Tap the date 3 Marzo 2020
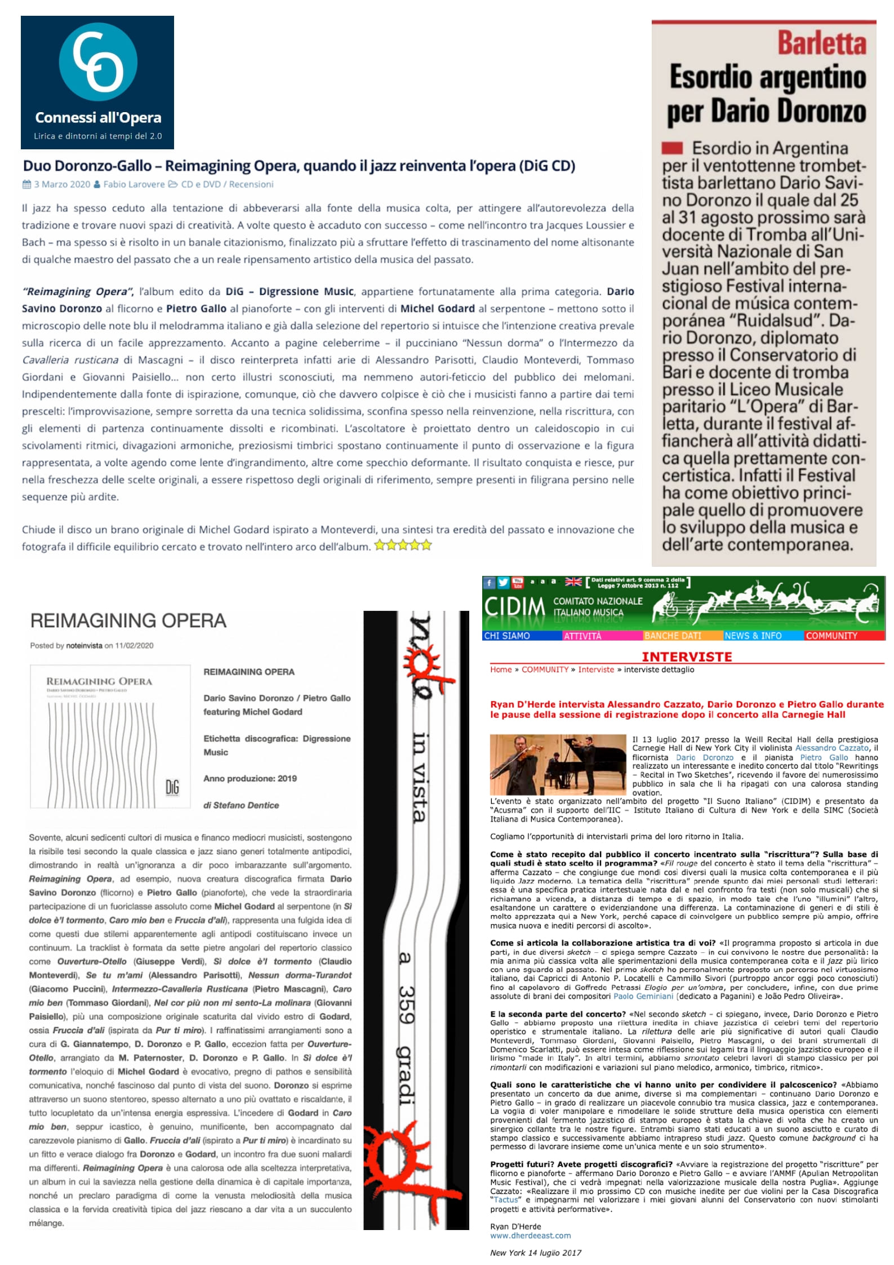(x=61, y=184)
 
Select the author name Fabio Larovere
(x=134, y=184)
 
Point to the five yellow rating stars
(x=403, y=545)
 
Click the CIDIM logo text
(x=514, y=607)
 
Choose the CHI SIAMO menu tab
(x=507, y=636)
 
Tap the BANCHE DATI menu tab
(x=673, y=636)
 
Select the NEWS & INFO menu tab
(x=753, y=636)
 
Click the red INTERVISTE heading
(x=687, y=656)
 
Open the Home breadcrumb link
(x=501, y=669)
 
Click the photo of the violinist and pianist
(x=558, y=764)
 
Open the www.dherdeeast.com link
(x=530, y=1236)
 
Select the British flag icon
(x=573, y=582)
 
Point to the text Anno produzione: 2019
(x=250, y=778)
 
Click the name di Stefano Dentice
(x=241, y=805)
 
